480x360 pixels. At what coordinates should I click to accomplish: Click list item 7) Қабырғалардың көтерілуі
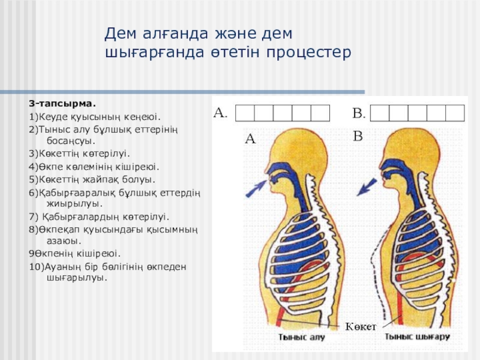pyautogui.click(x=99, y=217)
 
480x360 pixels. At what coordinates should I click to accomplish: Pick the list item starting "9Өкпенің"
pyautogui.click(x=75, y=253)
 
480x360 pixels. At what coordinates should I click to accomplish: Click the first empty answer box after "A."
pyautogui.click(x=244, y=113)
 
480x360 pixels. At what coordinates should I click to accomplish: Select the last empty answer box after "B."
pyautogui.click(x=455, y=113)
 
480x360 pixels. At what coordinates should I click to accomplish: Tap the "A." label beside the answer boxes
pyautogui.click(x=221, y=112)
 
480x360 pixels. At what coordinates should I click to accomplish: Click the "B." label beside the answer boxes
pyautogui.click(x=359, y=112)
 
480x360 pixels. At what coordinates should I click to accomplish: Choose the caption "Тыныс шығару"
pyautogui.click(x=418, y=337)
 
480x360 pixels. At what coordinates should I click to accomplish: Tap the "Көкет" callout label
pyautogui.click(x=361, y=326)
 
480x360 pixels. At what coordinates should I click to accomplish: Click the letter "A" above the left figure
pyautogui.click(x=250, y=139)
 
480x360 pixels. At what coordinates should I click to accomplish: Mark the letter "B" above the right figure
pyautogui.click(x=358, y=137)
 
